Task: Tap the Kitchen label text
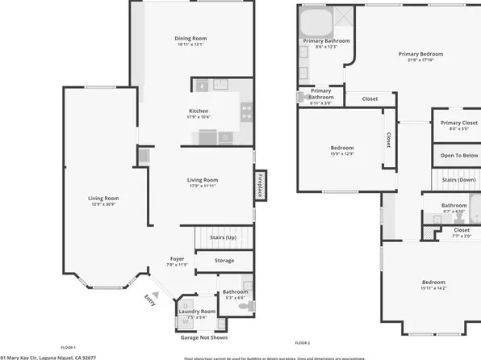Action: (199, 111)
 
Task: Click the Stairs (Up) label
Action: (223, 238)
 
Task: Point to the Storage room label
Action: (224, 261)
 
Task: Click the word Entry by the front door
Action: (150, 299)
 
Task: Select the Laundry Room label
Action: (197, 311)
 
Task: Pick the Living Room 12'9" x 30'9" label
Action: (103, 199)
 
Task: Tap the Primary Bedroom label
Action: (420, 54)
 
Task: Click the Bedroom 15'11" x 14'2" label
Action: (433, 283)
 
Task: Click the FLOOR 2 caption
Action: (303, 343)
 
